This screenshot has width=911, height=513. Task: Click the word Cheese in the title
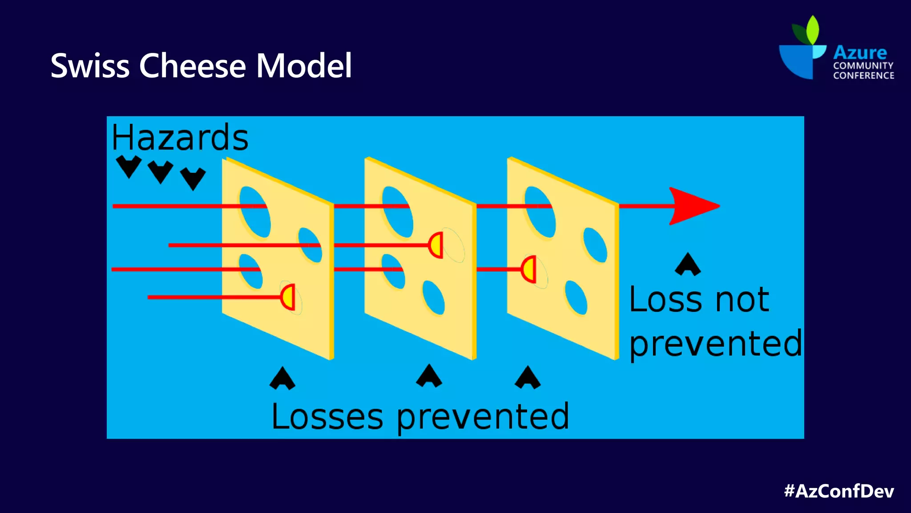click(193, 66)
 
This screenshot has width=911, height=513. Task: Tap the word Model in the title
click(304, 66)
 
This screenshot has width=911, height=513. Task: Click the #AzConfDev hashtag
click(839, 491)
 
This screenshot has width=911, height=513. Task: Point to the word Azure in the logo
click(860, 53)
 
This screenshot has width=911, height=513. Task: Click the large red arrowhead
click(692, 206)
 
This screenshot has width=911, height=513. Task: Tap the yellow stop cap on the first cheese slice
click(288, 297)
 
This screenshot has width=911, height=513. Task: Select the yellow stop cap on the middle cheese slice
click(436, 245)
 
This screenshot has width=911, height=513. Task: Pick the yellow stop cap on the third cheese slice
click(529, 269)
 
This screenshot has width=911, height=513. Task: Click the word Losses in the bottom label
click(327, 416)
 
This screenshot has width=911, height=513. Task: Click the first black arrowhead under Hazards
click(129, 166)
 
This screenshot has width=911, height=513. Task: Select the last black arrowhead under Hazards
click(193, 178)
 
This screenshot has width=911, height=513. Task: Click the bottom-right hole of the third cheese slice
click(576, 297)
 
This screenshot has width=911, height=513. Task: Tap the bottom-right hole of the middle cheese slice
click(433, 297)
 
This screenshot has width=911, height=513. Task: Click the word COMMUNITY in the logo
click(863, 65)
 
